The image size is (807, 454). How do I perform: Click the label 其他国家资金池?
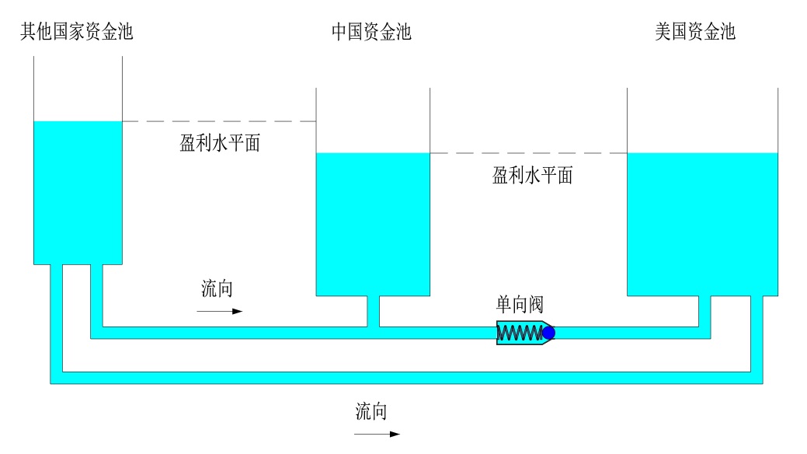tap(76, 32)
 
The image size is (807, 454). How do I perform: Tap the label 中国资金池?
tap(371, 32)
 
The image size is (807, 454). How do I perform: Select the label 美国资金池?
tap(695, 32)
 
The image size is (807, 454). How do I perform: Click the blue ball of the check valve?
tap(548, 334)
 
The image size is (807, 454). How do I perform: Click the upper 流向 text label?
tap(217, 289)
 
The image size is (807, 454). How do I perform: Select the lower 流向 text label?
tap(371, 411)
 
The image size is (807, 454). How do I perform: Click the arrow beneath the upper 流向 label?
tap(219, 311)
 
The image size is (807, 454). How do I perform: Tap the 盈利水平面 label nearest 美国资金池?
tap(532, 176)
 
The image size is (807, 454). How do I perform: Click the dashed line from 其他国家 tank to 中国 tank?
tap(219, 122)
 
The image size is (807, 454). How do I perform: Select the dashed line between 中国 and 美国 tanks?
tap(528, 154)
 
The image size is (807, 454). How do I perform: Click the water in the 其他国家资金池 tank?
tap(78, 190)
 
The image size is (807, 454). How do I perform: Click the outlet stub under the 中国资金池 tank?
tap(373, 311)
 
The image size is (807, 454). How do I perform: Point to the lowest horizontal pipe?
tap(404, 378)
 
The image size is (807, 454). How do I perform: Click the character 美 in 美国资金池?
tap(663, 32)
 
